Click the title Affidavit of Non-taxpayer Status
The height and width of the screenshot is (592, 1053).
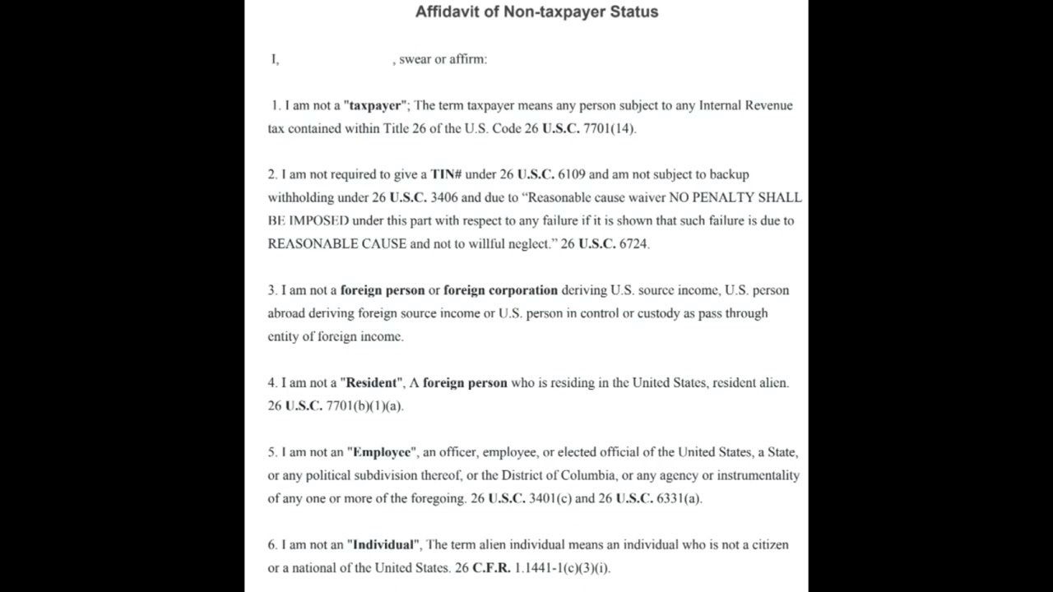(536, 12)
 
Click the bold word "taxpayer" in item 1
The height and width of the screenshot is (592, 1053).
(374, 105)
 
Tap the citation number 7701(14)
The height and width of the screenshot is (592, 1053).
(609, 128)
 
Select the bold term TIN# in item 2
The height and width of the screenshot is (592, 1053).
(446, 174)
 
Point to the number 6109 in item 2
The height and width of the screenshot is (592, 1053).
(572, 174)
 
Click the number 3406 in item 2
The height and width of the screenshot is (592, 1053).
(444, 197)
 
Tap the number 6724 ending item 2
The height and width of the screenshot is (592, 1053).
(633, 243)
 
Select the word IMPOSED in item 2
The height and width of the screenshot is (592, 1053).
(318, 220)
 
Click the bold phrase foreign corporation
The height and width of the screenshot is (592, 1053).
(500, 290)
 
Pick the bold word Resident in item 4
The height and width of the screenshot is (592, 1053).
(373, 382)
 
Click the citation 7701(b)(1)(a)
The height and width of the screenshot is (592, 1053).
(364, 405)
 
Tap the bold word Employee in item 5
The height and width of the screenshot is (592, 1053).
(382, 452)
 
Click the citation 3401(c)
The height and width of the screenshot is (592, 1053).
(550, 498)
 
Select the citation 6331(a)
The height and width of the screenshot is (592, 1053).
(679, 498)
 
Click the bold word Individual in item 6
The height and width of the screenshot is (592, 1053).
(383, 544)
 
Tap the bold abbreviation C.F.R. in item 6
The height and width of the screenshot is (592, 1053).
(491, 567)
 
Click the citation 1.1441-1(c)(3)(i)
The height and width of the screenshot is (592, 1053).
(562, 567)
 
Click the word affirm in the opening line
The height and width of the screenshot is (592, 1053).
(467, 59)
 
